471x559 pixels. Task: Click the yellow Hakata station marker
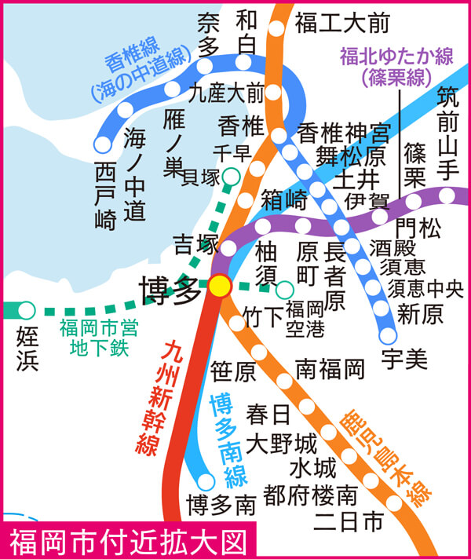[x=220, y=285]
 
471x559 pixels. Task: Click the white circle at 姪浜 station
[x=27, y=310]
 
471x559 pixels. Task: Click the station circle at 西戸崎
[x=102, y=144]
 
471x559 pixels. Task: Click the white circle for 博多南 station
[x=206, y=480]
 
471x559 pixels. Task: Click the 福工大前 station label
[x=342, y=24]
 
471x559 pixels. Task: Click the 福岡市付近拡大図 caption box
[x=130, y=541]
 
